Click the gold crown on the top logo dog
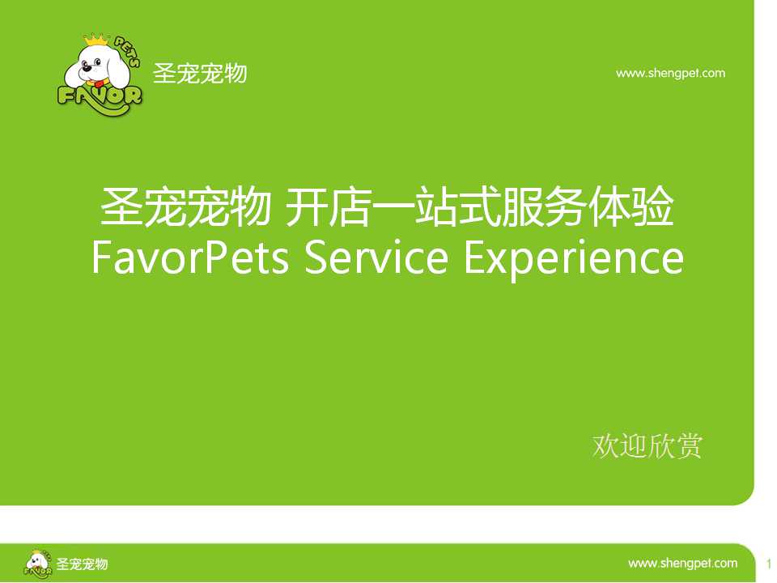(96, 40)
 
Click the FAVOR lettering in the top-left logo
(100, 96)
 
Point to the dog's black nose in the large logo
(87, 69)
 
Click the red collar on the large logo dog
(101, 83)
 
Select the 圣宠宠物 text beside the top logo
(200, 74)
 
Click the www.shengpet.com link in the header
(670, 74)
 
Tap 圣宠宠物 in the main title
(186, 206)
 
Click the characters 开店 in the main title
(329, 206)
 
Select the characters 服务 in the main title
(543, 206)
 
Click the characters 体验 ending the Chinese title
(631, 206)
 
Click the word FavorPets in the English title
(190, 257)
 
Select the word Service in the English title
(376, 257)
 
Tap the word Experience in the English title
(574, 259)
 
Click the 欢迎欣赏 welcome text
(647, 445)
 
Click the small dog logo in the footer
(38, 564)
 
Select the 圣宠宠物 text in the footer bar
(82, 564)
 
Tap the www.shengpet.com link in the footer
(683, 564)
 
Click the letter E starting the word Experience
(475, 257)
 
